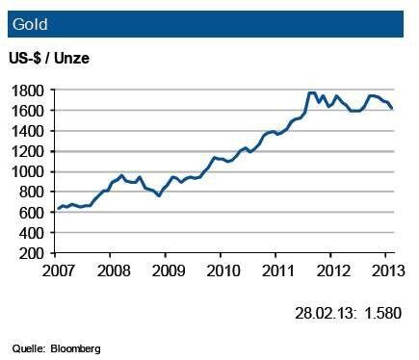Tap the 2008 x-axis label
[x=113, y=269]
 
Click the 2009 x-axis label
[x=168, y=269]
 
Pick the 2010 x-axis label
[x=223, y=269]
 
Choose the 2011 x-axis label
[x=277, y=269]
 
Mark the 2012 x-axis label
[x=332, y=269]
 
